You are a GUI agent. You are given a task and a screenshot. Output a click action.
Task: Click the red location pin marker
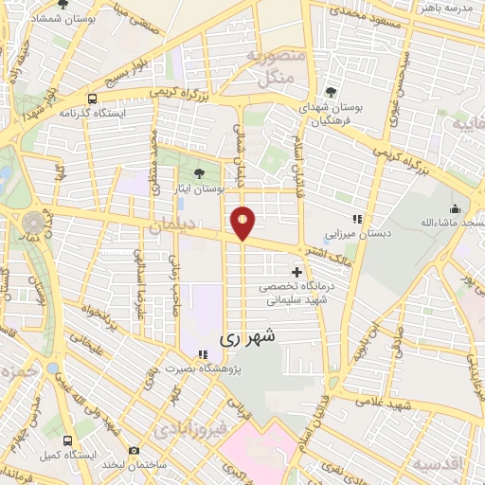pos(243,223)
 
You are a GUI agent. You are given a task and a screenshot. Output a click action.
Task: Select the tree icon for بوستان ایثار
pos(198,172)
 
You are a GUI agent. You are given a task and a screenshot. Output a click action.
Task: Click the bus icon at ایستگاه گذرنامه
pos(92,98)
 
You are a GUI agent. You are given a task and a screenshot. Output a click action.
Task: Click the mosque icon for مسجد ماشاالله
pos(456,208)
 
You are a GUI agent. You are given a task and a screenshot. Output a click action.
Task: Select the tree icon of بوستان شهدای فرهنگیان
pos(330,92)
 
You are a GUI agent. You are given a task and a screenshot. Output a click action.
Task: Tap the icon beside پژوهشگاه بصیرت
pos(202,355)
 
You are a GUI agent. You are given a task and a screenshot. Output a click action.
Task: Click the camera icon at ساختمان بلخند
pos(134,450)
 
